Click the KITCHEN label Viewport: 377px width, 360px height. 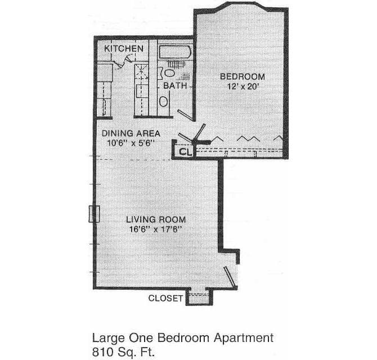coord(124,49)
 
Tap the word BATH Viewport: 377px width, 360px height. coord(175,86)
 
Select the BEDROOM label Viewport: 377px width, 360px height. coord(243,76)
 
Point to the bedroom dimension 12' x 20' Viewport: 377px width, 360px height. coord(243,87)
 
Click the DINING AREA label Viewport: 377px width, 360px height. coord(131,133)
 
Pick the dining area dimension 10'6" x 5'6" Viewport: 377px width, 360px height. coord(131,143)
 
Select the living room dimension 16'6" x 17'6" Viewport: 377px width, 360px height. coord(156,229)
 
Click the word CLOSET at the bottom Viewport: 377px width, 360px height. coord(165,298)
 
